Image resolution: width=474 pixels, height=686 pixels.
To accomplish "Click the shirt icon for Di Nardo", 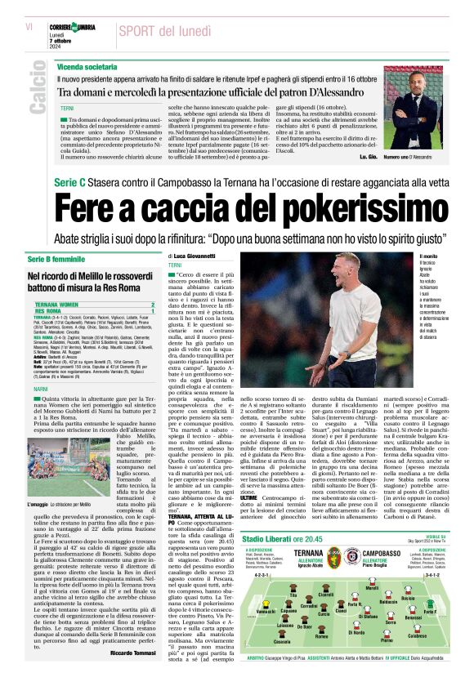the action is click(356, 626).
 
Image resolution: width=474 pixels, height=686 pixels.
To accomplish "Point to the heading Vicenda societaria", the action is click(87, 65).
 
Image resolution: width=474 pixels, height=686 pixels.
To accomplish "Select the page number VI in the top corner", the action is click(29, 27).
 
